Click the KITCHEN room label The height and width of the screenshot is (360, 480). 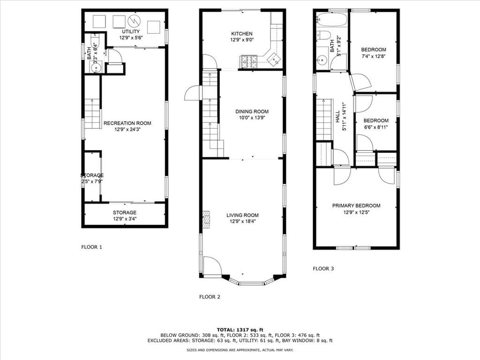pos(242,34)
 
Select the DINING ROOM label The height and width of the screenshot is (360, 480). pos(252,112)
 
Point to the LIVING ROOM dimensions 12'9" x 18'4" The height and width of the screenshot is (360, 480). pos(242,222)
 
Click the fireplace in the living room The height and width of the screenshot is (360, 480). pos(205,219)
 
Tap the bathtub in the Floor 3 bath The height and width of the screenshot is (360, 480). pos(331,20)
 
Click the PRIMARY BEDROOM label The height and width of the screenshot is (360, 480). pos(356,205)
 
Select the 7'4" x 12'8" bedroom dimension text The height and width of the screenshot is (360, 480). pos(374,56)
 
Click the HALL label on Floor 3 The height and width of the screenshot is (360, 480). pos(337,113)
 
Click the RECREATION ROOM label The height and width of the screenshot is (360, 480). pos(127,123)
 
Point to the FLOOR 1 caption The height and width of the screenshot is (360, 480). pos(92,247)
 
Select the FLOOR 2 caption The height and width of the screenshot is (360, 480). pos(210,297)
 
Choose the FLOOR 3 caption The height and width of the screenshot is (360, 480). pos(323,269)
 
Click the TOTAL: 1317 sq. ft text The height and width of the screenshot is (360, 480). pos(240,329)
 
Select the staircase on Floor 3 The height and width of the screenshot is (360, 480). pos(324,120)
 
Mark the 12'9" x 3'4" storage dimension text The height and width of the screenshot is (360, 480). pos(124,219)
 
